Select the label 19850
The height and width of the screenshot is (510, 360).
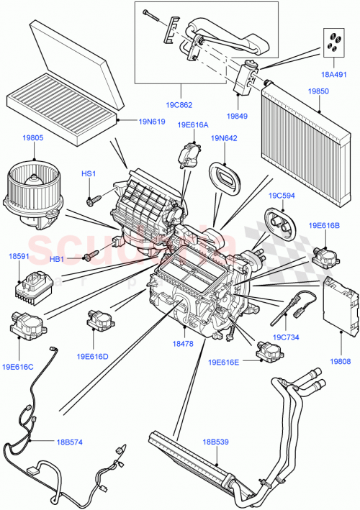click(319, 92)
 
